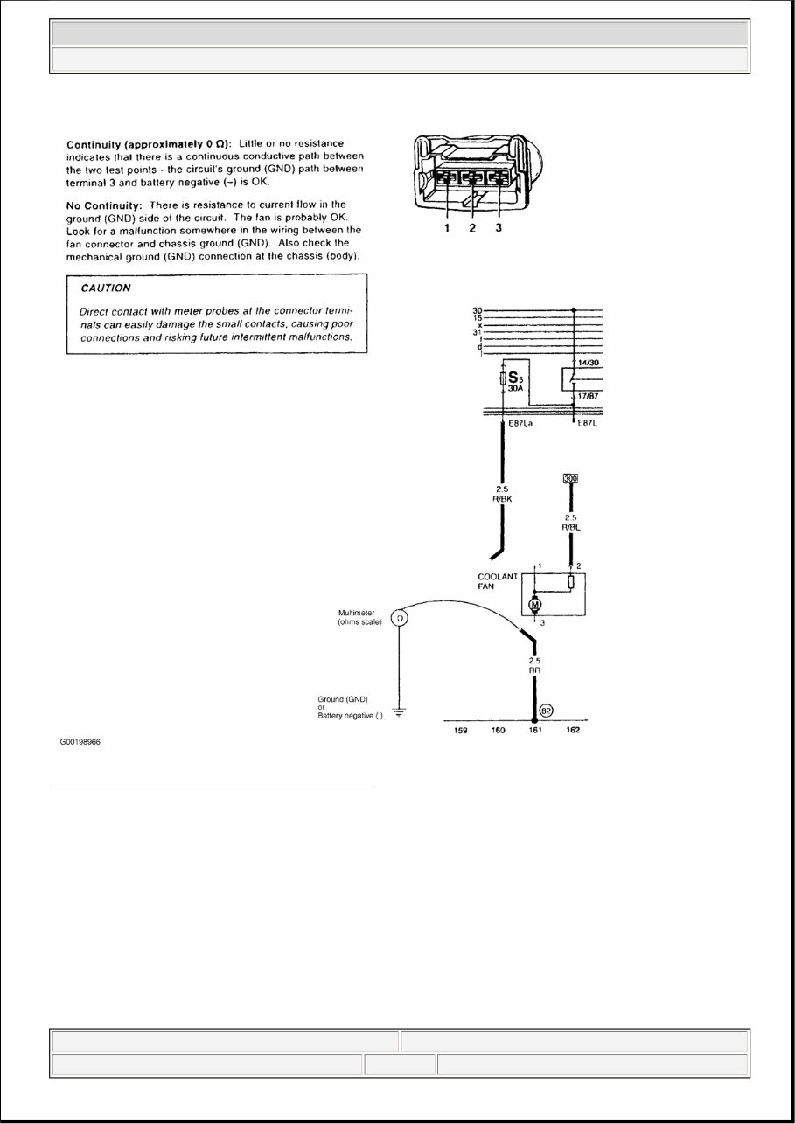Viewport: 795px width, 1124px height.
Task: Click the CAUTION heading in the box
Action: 106,288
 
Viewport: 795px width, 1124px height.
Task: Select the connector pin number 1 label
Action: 445,229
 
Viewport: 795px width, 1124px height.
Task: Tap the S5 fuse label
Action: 515,378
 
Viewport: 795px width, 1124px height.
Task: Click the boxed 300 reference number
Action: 570,478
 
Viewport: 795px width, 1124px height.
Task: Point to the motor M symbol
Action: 535,605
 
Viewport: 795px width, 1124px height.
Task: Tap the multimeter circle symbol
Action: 399,619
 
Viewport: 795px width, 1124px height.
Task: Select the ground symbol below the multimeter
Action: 399,712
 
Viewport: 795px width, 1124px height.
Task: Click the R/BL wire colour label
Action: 571,528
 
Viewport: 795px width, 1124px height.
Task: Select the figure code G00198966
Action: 87,742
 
